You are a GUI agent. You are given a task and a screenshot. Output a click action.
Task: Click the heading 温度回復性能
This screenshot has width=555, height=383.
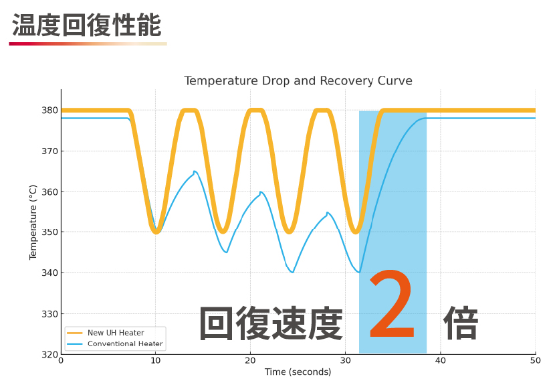point(87,25)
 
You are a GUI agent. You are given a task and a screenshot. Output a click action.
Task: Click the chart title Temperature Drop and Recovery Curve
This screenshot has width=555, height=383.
point(298,81)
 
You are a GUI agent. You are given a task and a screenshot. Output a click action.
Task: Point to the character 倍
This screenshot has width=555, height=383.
point(461,324)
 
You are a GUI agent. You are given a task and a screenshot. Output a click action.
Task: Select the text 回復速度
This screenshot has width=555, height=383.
point(271,324)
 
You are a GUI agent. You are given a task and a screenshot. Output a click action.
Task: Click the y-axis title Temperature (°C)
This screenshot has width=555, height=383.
point(33,222)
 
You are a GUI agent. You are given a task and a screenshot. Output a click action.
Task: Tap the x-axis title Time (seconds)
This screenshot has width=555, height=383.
point(298,372)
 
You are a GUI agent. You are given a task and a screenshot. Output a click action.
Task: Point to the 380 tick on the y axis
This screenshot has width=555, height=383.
point(49,110)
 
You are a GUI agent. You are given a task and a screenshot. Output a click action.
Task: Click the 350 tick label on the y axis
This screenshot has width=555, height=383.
point(49,232)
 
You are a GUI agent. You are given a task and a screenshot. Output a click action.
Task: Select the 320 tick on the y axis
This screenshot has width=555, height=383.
point(49,354)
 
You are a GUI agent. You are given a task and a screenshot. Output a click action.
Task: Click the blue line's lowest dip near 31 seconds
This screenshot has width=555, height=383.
point(359,272)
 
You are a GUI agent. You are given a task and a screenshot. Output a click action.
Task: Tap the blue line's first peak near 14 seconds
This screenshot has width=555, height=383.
point(195,171)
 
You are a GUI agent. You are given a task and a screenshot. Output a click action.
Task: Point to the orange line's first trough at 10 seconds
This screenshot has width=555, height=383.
point(156,232)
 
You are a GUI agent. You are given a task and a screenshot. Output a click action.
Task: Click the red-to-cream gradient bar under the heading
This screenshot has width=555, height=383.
point(88,44)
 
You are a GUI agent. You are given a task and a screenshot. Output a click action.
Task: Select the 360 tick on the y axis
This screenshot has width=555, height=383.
point(49,191)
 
